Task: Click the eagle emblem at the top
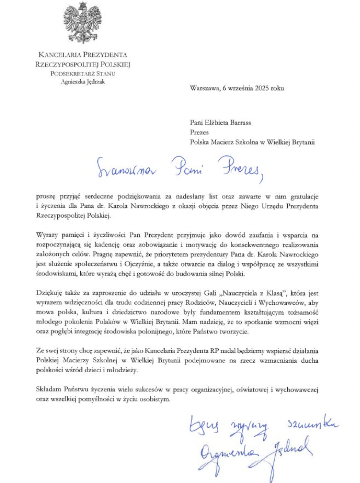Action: [x=83, y=23]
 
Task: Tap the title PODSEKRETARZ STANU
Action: [x=83, y=73]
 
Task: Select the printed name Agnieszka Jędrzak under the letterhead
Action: [x=83, y=82]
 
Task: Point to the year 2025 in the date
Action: [x=262, y=88]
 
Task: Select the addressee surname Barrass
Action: [x=240, y=122]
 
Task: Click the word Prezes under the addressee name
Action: [x=199, y=132]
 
